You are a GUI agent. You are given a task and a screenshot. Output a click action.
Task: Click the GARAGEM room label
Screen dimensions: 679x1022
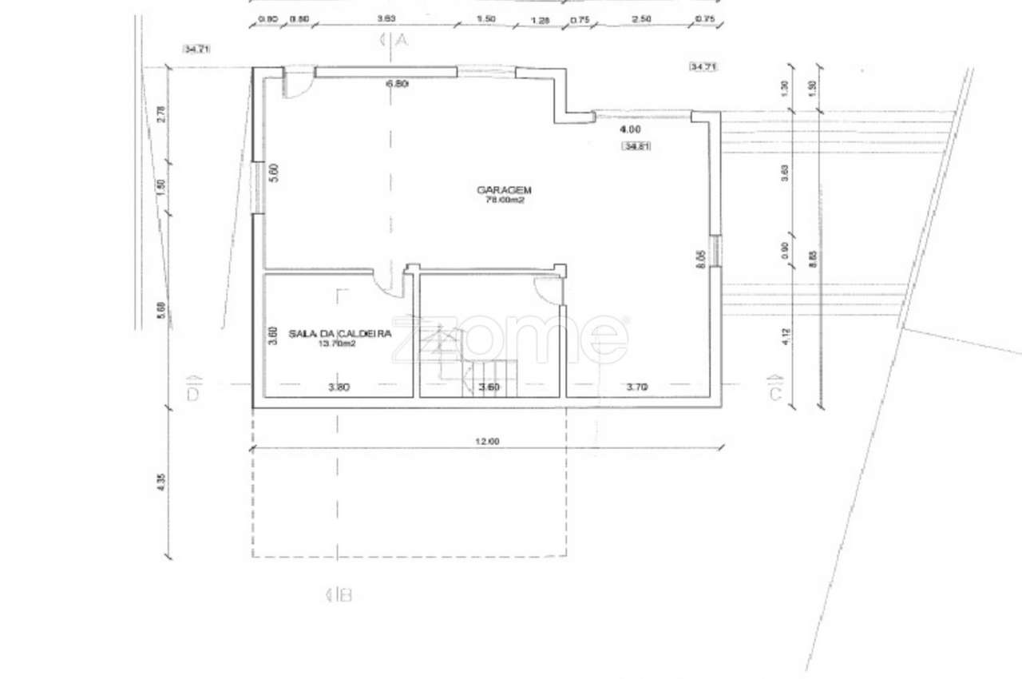tap(504, 190)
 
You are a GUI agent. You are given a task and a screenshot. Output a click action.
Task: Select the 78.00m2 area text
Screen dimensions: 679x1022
tap(505, 201)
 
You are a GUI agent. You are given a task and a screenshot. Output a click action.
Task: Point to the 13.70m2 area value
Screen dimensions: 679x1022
tap(336, 343)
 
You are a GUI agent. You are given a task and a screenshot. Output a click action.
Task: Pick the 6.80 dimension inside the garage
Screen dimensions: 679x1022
tap(397, 83)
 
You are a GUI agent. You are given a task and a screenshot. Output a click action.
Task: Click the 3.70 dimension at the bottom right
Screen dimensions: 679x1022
tap(636, 388)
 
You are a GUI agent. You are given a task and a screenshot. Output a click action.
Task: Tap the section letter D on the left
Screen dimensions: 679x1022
tap(192, 394)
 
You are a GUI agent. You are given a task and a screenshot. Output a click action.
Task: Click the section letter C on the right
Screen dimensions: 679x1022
tap(774, 394)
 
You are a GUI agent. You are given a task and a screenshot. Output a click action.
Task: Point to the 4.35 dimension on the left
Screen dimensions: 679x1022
tap(161, 483)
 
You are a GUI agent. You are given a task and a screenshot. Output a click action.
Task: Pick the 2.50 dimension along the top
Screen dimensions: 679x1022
tap(640, 19)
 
